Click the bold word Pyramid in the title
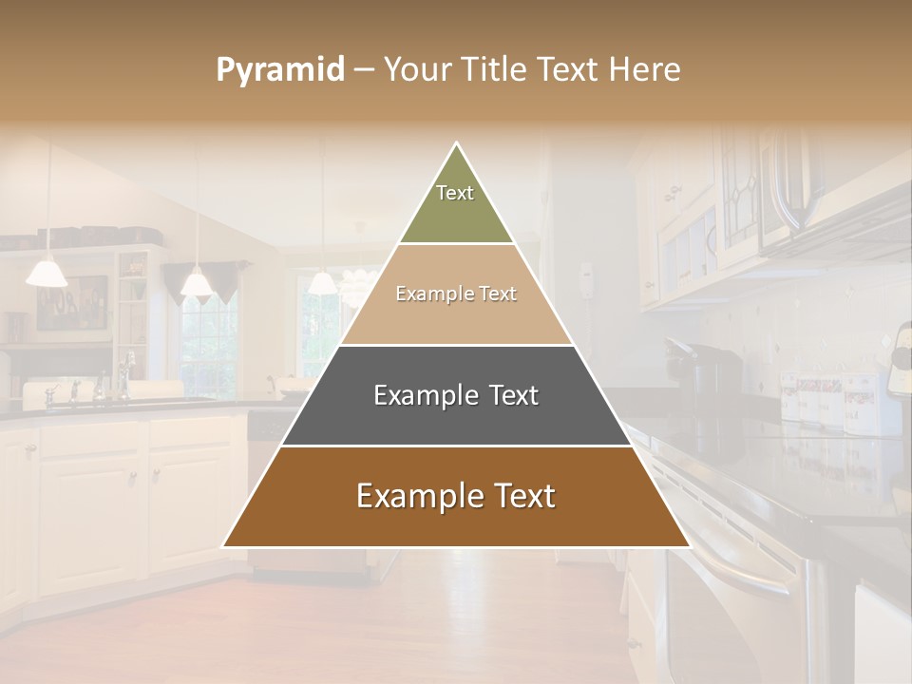click(x=279, y=70)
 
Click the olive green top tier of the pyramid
click(x=456, y=211)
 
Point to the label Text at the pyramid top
click(x=455, y=193)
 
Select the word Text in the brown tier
click(x=521, y=496)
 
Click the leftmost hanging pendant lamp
click(x=46, y=273)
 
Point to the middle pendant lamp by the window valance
click(x=196, y=282)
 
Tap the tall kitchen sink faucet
click(x=123, y=375)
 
